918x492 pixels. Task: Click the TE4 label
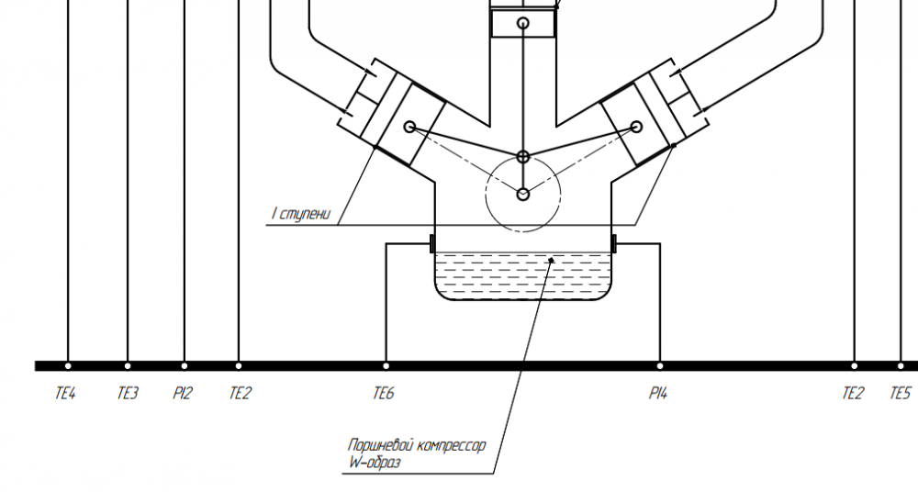65,393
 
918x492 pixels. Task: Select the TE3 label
128,393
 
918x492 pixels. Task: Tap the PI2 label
182,393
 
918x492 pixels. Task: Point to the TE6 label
384,393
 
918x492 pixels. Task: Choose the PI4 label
658,393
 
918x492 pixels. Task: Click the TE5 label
900,393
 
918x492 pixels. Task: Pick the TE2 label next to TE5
853,393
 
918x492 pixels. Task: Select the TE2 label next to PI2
240,393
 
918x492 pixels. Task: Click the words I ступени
301,214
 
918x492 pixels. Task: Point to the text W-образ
375,462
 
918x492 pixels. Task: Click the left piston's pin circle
410,127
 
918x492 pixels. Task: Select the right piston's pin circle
637,126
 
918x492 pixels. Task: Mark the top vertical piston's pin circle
523,23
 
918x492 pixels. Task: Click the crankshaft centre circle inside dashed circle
523,194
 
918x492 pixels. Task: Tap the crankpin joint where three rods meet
523,157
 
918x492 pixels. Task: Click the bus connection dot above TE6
386,366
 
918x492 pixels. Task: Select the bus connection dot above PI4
660,366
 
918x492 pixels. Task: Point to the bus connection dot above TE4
68,366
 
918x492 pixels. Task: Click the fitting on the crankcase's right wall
613,243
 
